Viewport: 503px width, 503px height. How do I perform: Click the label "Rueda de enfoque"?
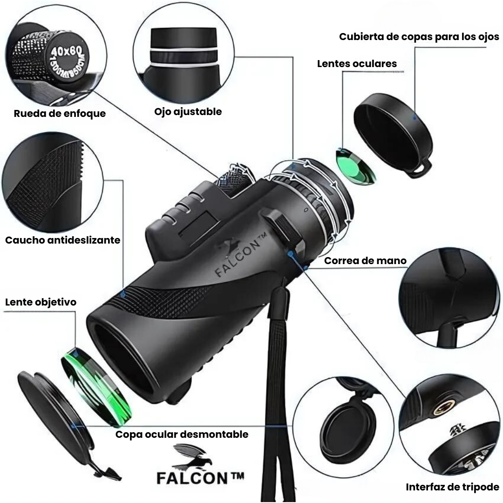(x=60, y=113)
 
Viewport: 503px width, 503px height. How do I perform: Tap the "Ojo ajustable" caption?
(x=188, y=111)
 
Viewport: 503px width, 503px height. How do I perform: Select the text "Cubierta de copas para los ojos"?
(x=419, y=37)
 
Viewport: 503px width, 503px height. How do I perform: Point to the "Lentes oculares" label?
(x=357, y=64)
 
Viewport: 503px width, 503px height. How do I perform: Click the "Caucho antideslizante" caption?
(x=63, y=240)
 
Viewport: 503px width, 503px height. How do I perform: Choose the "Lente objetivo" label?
(x=41, y=302)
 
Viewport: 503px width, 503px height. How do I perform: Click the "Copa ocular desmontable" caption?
(x=182, y=435)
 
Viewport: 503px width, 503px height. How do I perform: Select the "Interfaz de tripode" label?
(x=452, y=487)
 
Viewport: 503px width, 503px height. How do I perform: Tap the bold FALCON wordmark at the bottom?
(x=200, y=478)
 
